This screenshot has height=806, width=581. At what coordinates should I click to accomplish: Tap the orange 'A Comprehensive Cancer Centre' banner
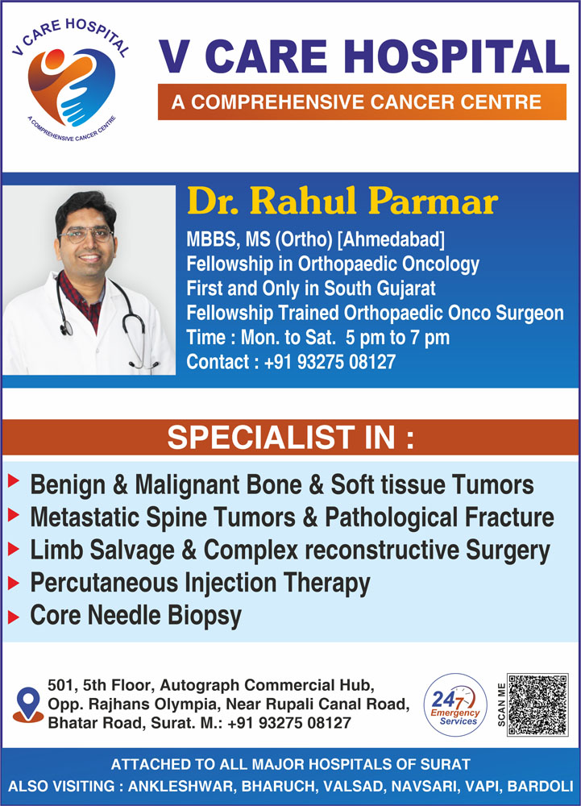point(362,102)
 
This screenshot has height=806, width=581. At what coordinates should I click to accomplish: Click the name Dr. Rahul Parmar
point(342,201)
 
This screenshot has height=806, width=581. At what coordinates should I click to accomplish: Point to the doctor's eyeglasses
point(85,235)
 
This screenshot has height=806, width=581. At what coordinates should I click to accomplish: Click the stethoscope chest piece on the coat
point(66,327)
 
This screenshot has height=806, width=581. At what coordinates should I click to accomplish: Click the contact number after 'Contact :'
point(330,362)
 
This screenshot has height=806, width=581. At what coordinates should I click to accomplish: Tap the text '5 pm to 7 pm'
point(397,338)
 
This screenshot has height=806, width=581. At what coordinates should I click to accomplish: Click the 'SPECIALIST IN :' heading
point(291,438)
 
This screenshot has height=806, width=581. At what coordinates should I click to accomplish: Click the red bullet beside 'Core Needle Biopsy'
point(14,617)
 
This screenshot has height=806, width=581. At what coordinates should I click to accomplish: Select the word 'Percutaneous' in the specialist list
point(104,584)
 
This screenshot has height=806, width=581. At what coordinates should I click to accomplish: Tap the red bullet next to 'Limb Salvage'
point(14,550)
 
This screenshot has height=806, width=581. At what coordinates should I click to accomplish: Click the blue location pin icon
point(27,704)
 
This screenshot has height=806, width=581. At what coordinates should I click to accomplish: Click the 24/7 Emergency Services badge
point(455,704)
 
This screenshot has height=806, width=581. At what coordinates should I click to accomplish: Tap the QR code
point(537,704)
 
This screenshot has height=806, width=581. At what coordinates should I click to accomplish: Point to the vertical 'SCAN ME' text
point(501,704)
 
